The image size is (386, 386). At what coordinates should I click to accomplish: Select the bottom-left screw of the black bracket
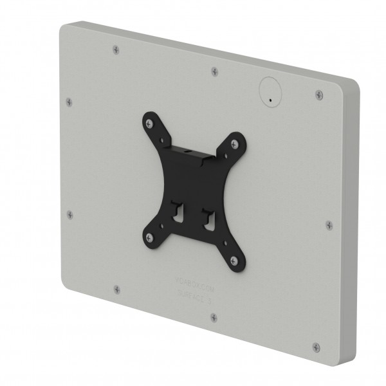pyautogui.click(x=149, y=235)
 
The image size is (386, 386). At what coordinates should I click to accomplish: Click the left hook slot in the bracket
pyautogui.click(x=175, y=216)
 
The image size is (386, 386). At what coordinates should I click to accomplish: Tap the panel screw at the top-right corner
pyautogui.click(x=319, y=95)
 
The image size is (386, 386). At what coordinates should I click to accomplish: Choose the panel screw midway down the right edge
pyautogui.click(x=329, y=225)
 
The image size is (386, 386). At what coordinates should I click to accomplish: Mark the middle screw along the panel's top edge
pyautogui.click(x=214, y=70)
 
